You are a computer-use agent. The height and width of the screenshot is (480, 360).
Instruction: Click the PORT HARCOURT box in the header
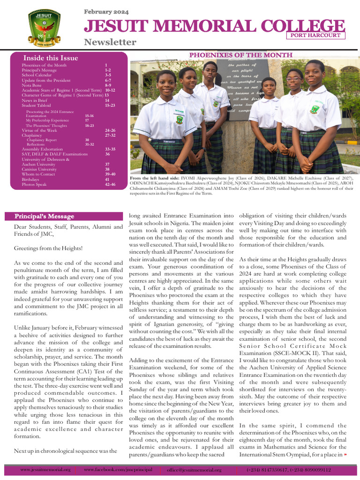316,35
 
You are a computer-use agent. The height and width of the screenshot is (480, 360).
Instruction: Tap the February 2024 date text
106,12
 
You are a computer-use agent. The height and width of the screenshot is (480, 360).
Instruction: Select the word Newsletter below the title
110,42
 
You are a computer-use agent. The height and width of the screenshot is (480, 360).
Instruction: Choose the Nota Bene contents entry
32,85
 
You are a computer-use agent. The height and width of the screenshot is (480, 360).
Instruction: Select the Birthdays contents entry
31,180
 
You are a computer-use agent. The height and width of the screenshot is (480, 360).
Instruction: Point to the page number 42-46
110,185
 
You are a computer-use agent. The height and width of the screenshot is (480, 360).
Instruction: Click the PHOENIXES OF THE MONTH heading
240,55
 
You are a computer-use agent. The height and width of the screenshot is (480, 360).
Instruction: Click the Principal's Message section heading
44,217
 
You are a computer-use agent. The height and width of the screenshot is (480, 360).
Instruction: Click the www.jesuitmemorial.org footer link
45,470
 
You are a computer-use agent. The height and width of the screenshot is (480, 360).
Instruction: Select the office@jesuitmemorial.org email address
194,470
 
